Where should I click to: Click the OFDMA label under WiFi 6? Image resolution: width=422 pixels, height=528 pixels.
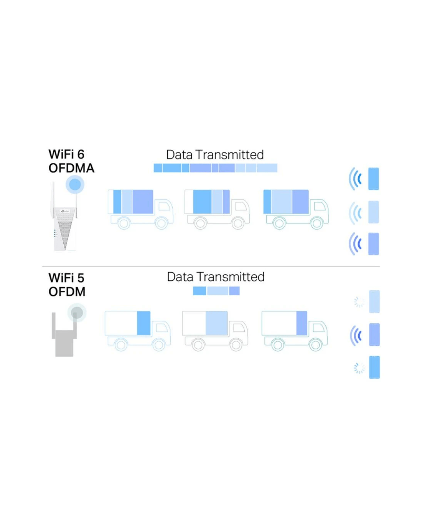[71, 168]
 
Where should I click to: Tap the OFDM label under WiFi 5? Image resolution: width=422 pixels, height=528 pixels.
[67, 292]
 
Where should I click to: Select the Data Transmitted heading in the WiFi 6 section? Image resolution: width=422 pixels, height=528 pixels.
[215, 155]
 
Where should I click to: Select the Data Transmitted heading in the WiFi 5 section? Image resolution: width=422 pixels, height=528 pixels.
[216, 277]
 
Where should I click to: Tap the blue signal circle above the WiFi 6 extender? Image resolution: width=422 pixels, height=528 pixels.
[75, 184]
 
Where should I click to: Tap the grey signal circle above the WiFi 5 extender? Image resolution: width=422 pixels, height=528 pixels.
[77, 313]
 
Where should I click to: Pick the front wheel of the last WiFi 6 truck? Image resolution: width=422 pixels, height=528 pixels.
[316, 223]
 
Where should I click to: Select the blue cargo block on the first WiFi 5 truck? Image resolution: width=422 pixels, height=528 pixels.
[144, 323]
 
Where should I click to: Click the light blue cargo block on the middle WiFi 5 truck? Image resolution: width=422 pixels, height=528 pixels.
[217, 323]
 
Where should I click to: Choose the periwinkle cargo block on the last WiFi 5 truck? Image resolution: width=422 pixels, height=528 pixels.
[302, 323]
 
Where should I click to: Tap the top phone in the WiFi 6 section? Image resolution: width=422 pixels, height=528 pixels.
[373, 179]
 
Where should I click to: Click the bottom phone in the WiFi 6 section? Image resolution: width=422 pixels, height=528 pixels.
[373, 244]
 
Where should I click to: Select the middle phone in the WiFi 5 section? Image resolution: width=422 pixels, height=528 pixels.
[374, 335]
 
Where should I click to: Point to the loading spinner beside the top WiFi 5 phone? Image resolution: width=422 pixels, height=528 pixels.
[359, 302]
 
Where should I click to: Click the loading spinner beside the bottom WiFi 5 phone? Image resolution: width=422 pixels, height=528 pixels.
[359, 368]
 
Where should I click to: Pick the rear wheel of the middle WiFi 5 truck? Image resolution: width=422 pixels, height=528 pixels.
[198, 345]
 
